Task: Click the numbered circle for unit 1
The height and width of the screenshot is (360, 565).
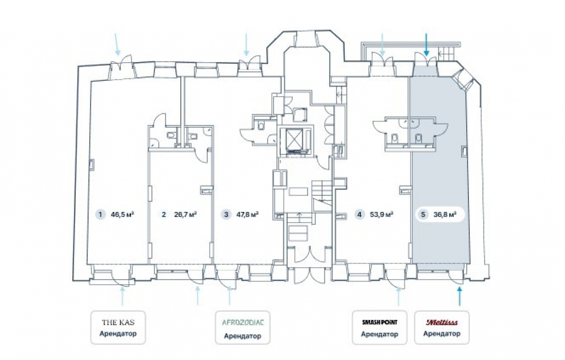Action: click(101, 215)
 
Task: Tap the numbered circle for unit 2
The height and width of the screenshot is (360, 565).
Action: click(164, 215)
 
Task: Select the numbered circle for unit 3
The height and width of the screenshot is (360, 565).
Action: click(227, 215)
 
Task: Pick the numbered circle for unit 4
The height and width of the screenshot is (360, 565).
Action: click(359, 215)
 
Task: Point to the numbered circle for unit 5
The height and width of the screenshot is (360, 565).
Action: click(423, 215)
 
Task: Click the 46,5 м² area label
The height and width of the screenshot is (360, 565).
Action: click(123, 215)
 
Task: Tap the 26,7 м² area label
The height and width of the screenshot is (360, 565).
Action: click(185, 215)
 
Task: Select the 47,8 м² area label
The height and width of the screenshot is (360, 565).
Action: click(247, 215)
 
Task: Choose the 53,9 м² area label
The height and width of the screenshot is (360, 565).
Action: click(381, 215)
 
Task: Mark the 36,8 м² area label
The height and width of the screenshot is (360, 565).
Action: click(445, 215)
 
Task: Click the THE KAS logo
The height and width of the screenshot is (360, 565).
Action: click(118, 322)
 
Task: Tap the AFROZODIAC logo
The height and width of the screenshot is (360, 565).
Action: click(243, 322)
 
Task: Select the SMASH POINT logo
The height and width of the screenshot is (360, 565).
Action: click(380, 322)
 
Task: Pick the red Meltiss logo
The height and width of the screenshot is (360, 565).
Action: click(442, 322)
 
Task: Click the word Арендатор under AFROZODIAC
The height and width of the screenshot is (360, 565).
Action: click(242, 336)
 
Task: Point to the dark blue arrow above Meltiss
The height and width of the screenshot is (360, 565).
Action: click(460, 296)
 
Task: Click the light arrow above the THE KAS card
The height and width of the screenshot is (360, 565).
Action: click(123, 296)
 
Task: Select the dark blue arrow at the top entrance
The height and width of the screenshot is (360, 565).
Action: click(426, 45)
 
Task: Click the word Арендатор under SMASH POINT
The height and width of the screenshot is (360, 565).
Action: click(380, 334)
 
